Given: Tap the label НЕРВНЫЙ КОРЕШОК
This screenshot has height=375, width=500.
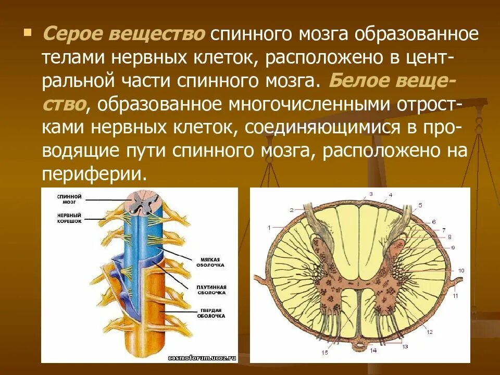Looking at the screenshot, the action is pos(69,218).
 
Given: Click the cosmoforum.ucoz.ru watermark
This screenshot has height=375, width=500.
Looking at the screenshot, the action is pos(202,358).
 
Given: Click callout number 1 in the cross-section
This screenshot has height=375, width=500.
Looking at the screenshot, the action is pos(270,227).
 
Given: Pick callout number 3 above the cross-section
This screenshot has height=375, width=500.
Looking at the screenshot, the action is pos(371,194).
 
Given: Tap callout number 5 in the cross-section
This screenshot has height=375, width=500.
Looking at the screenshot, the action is pos(420,205).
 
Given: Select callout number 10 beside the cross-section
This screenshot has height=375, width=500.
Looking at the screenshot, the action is pos(461,271).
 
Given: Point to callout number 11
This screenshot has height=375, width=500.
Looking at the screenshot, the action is pos(455,296).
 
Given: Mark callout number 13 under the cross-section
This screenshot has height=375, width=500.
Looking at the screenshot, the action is pos(405,346).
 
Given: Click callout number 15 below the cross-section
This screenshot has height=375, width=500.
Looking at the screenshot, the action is pos(325,353).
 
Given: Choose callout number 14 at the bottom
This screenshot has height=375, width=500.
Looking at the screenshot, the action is pos(373,351).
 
